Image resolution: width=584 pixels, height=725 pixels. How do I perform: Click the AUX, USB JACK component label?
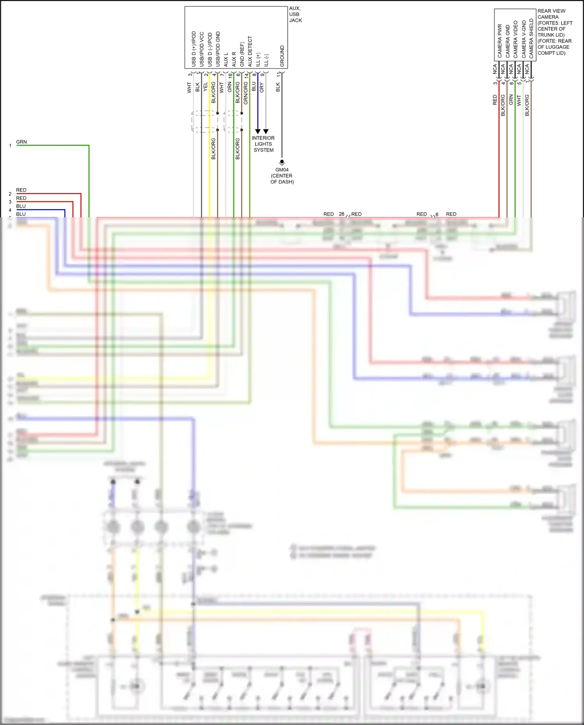pyautogui.click(x=295, y=14)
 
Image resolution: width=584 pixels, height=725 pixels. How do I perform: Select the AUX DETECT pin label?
pyautogui.click(x=250, y=51)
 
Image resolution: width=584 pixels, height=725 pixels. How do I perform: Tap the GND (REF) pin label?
pyautogui.click(x=242, y=54)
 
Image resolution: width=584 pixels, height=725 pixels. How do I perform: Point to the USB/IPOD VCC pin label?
pyautogui.click(x=202, y=49)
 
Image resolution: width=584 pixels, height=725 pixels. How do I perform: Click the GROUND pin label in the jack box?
pyautogui.click(x=282, y=56)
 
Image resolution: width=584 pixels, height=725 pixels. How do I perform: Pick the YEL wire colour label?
pyautogui.click(x=206, y=87)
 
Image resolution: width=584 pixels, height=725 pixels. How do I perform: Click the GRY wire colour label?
pyautogui.click(x=262, y=87)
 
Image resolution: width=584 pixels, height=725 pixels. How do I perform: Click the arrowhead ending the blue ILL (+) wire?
pyautogui.click(x=258, y=131)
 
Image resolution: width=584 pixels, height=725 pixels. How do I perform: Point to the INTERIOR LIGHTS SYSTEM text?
pyautogui.click(x=264, y=144)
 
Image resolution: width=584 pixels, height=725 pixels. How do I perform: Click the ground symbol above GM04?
pyautogui.click(x=282, y=162)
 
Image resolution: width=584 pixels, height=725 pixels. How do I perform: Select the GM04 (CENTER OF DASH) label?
pyautogui.click(x=282, y=176)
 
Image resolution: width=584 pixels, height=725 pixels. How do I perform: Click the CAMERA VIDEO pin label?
pyautogui.click(x=515, y=39)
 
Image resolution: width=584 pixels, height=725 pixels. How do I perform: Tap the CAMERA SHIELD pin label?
pyautogui.click(x=531, y=39)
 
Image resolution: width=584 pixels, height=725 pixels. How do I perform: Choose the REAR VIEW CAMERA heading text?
pyautogui.click(x=551, y=14)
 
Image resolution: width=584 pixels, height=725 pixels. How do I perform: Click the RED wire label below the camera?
pyautogui.click(x=495, y=100)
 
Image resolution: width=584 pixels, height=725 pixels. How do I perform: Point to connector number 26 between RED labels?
pyautogui.click(x=341, y=214)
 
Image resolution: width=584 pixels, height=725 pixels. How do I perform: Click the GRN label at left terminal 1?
pyautogui.click(x=21, y=142)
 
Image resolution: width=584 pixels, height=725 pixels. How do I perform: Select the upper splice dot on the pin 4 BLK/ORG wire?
pyautogui.click(x=218, y=113)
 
